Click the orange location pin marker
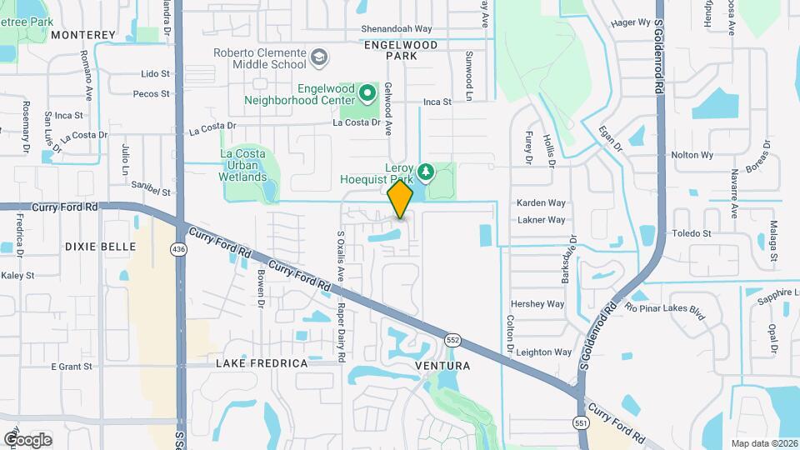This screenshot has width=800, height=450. click(x=400, y=199)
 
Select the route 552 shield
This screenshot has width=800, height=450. click(x=452, y=340)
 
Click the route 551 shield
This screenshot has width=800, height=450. click(x=581, y=422)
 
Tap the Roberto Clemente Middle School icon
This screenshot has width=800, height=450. click(x=318, y=58)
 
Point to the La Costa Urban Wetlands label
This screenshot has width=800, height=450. click(x=243, y=165)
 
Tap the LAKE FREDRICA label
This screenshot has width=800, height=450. click(x=262, y=363)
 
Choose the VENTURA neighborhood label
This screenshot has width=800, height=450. click(x=442, y=366)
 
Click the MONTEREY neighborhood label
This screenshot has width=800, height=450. click(x=83, y=34)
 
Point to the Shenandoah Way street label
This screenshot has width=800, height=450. click(x=396, y=28)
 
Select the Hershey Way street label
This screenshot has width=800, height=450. click(x=537, y=304)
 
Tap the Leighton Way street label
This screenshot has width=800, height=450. click(x=544, y=352)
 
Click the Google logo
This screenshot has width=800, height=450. click(x=27, y=439)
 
